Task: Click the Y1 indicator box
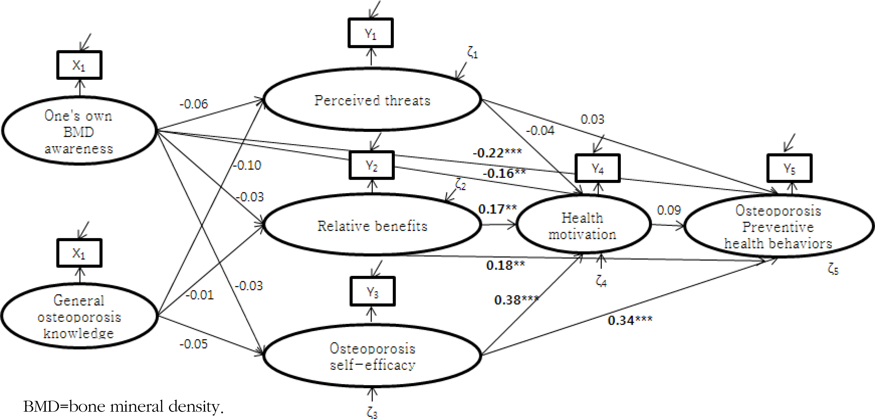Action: [371, 33]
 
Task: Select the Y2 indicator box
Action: [372, 165]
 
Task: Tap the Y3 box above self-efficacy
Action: [372, 292]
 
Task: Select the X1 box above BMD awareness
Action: [79, 65]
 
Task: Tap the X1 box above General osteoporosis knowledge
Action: [79, 253]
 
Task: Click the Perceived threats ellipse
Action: [372, 100]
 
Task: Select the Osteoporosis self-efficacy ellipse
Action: [372, 356]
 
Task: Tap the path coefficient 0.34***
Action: [630, 320]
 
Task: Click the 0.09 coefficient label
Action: [669, 210]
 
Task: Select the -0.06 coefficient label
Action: [194, 104]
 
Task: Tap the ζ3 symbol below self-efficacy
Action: [372, 413]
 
